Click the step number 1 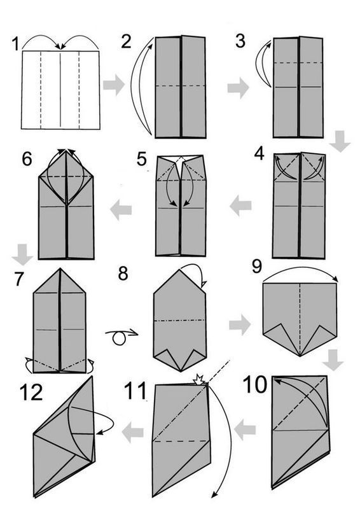pos(15,44)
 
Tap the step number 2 pos(127,41)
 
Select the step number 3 pos(240,41)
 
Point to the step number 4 pos(259,153)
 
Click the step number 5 pos(142,160)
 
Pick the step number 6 pos(27,160)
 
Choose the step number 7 pos(19,279)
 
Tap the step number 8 pos(123,274)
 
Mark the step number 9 pos(257,267)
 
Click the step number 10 pos(255,385)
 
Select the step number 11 pos(135,391)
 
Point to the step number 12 pos(31,392)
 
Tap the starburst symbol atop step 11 pos(198,379)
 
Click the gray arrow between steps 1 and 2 pos(114,85)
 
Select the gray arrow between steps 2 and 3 pos(238,88)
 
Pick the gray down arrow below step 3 pos(340,141)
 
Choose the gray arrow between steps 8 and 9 pos(240,324)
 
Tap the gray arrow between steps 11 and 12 pos(132,432)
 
